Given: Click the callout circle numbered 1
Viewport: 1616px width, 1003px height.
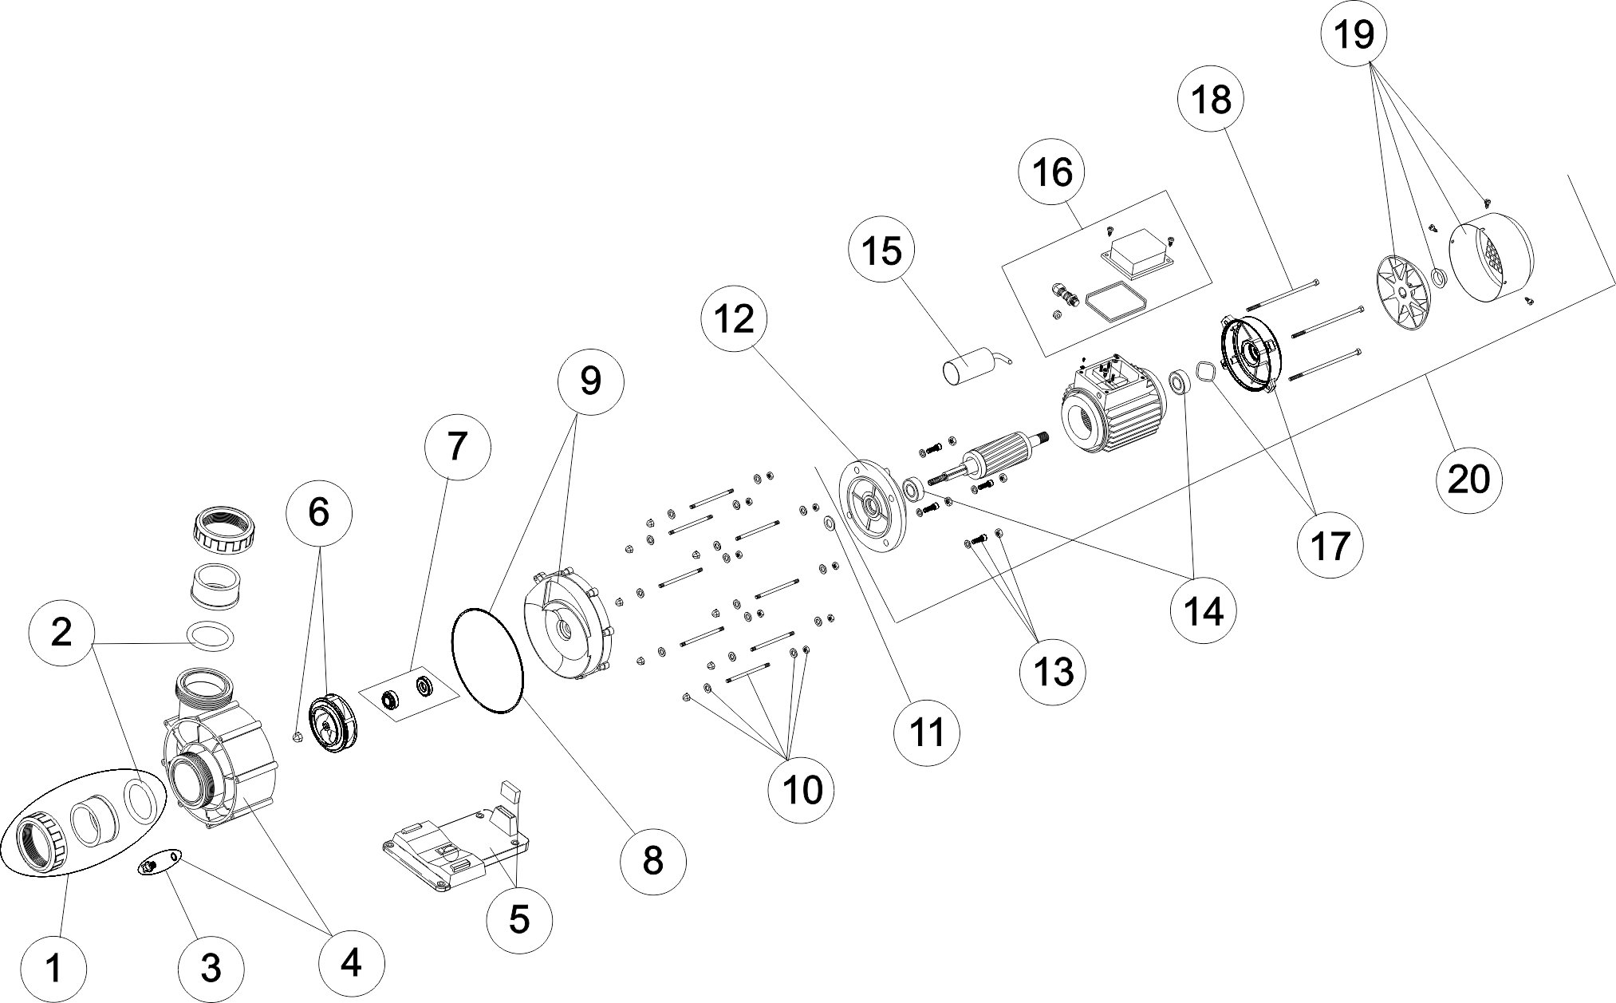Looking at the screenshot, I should [53, 969].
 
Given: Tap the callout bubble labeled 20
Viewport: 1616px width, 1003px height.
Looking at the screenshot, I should [1468, 480].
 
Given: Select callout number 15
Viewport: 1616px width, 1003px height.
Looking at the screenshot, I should [882, 250].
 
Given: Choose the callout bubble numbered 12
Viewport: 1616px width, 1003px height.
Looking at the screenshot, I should [734, 320].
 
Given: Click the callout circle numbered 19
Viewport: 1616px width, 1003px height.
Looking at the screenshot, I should [1354, 35].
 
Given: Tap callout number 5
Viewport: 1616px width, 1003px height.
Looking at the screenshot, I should [518, 920].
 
